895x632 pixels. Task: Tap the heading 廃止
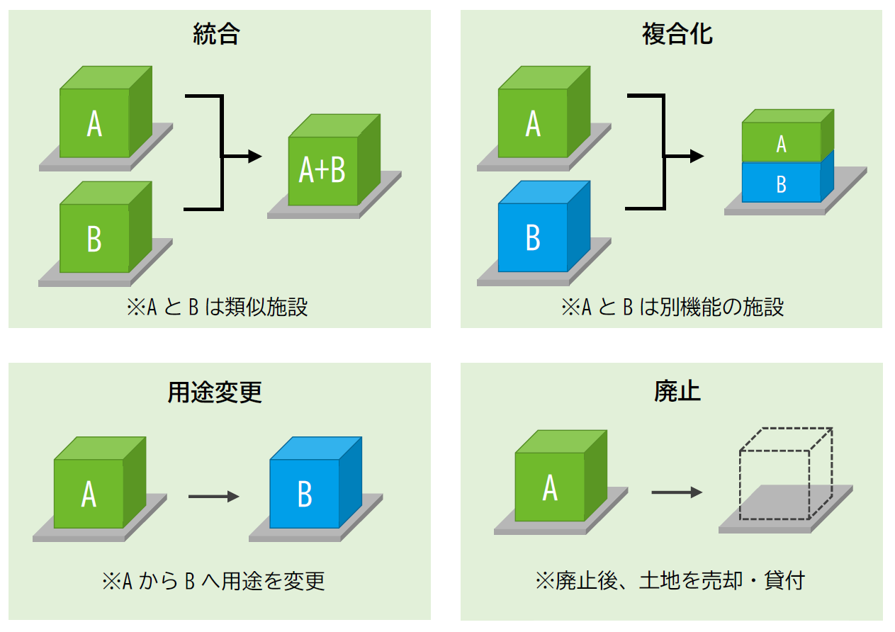(677, 392)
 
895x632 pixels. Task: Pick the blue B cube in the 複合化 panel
(534, 237)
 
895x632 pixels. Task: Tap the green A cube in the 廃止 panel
(551, 487)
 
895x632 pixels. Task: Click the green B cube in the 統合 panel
(95, 238)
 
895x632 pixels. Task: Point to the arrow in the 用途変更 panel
(213, 497)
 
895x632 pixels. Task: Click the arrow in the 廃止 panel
(676, 492)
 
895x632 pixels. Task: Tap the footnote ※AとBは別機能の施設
(672, 307)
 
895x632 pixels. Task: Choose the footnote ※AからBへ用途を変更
(213, 582)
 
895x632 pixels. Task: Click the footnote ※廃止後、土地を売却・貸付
(670, 582)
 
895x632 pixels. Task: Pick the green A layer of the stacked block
(782, 144)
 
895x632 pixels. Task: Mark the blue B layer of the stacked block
(782, 184)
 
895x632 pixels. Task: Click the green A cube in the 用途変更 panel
(89, 493)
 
